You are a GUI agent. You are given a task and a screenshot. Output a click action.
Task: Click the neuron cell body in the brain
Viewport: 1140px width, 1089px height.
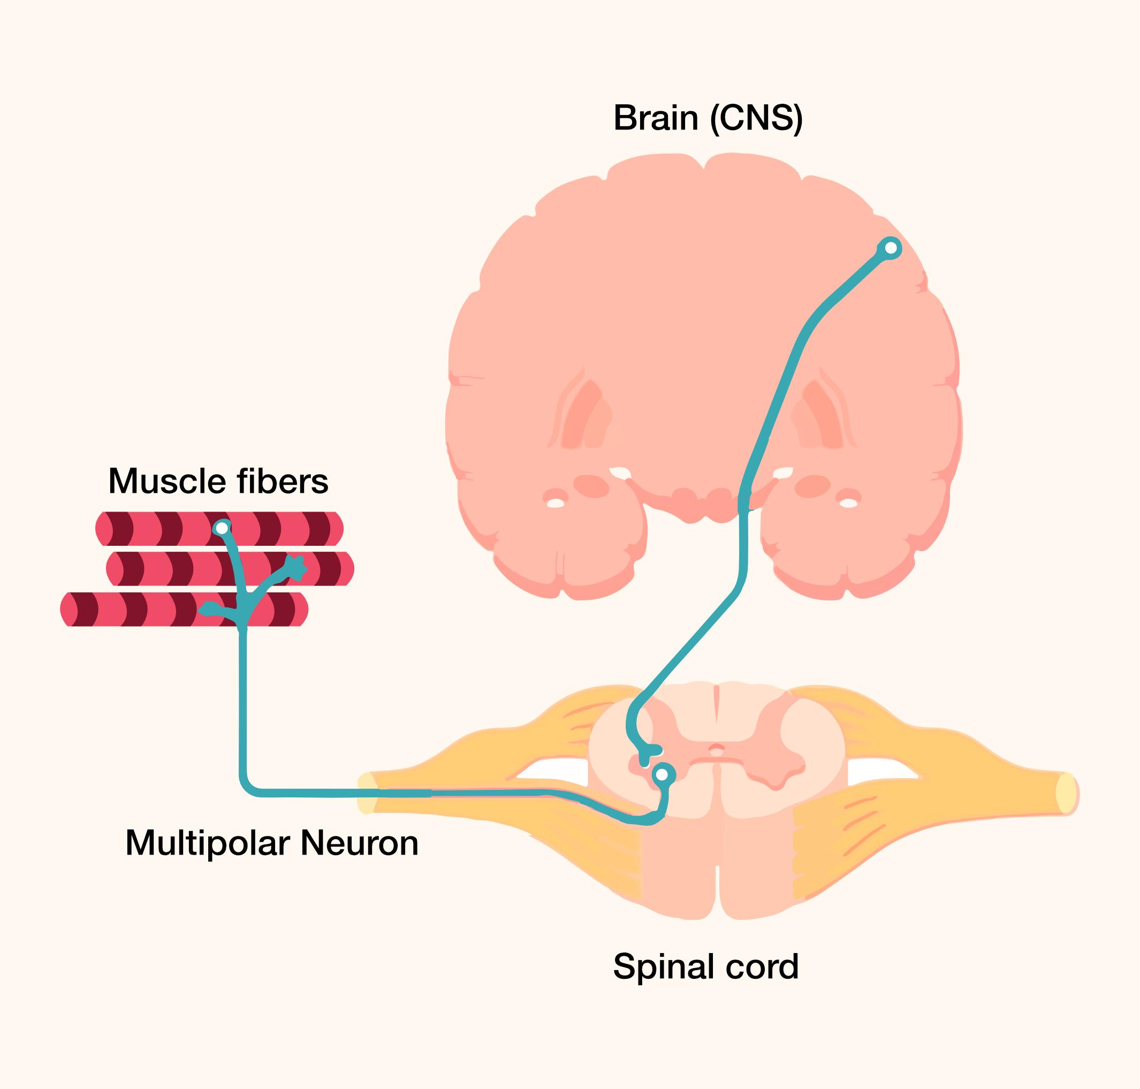point(891,248)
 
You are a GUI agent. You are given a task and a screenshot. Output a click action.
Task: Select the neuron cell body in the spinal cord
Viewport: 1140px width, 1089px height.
point(662,774)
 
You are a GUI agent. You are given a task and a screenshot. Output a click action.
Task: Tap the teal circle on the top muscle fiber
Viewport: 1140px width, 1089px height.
point(221,528)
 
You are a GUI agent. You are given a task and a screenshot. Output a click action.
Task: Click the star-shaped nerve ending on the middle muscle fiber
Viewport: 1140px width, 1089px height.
point(297,567)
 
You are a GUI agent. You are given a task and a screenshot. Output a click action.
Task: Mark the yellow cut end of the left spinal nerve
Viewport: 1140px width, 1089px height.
point(366,793)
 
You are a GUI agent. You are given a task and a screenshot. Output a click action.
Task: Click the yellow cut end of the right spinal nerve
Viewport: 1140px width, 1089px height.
point(1065,793)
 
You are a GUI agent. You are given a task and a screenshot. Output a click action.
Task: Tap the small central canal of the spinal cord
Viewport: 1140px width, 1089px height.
point(716,750)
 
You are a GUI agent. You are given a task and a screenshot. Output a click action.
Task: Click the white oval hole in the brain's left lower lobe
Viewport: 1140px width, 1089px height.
point(556,502)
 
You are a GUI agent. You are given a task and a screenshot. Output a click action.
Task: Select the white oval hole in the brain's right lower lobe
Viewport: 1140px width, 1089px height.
point(849,502)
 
